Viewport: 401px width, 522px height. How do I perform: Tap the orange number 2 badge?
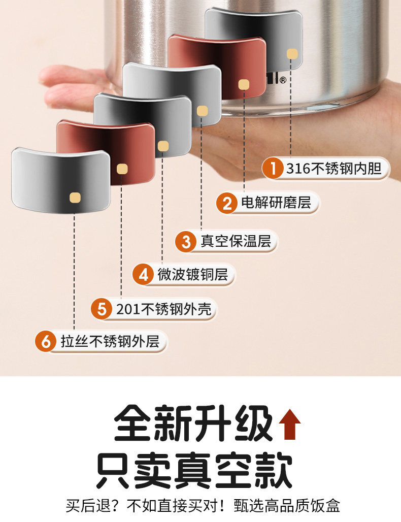[x=227, y=204]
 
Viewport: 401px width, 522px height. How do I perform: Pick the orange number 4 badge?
[x=143, y=275]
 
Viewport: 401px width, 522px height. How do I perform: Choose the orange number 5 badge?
[x=103, y=309]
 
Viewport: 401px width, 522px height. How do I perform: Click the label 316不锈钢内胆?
[x=333, y=168]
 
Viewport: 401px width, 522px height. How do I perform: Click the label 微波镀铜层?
[x=192, y=275]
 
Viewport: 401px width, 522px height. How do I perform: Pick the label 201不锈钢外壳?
[x=163, y=309]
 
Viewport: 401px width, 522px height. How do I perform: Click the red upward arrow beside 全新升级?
[x=290, y=425]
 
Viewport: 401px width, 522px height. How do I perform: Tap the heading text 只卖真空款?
[x=195, y=471]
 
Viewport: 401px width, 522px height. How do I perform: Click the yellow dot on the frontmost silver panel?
[x=75, y=197]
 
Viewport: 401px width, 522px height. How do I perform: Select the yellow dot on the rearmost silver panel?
[x=292, y=54]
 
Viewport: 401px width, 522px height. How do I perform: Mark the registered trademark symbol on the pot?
[x=283, y=80]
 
